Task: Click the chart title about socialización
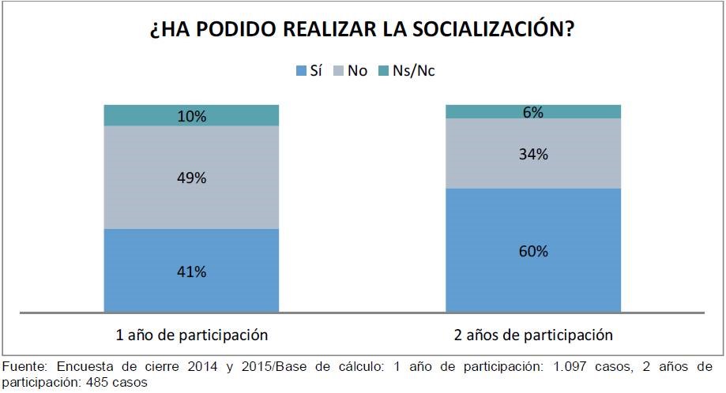coord(362,31)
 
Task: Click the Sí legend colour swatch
coord(300,71)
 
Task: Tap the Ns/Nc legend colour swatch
coord(384,71)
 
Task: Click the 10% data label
coord(191,116)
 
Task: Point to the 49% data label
coord(191,178)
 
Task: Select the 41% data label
coord(191,271)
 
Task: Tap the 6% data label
coord(532,112)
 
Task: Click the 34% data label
coord(532,155)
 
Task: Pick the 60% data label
coord(532,252)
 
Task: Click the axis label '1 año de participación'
coord(191,335)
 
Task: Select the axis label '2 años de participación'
coord(532,335)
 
